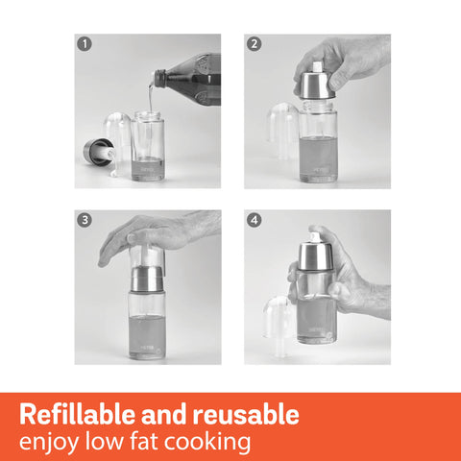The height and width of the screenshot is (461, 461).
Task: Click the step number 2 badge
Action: tap(254, 43)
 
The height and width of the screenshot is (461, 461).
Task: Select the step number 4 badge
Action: tap(254, 220)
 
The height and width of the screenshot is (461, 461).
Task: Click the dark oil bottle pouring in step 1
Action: tap(192, 79)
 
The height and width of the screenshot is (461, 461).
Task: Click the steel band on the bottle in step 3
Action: tap(147, 279)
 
